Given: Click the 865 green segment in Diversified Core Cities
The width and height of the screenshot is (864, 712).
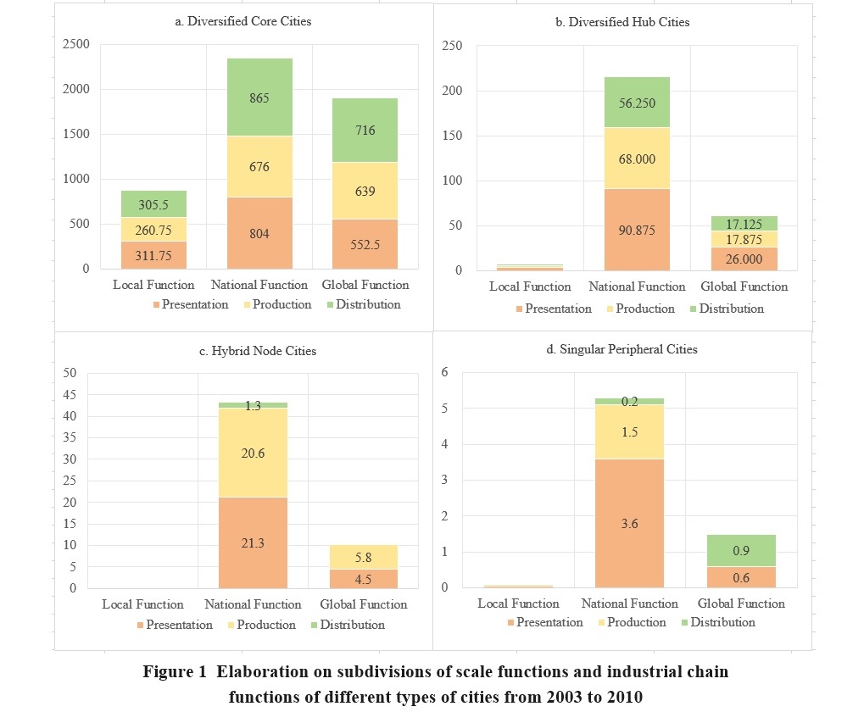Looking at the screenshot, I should (259, 97).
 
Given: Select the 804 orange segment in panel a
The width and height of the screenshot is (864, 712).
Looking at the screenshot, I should (259, 233).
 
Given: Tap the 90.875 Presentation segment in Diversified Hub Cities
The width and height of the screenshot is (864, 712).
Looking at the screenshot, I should (636, 229).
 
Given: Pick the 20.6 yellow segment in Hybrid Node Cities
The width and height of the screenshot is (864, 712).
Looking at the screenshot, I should (253, 453).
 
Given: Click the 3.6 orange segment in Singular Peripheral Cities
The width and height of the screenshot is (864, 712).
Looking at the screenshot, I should (629, 523).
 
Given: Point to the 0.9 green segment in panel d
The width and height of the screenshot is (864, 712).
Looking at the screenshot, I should (740, 551).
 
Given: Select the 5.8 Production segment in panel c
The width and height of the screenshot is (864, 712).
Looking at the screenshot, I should (363, 558).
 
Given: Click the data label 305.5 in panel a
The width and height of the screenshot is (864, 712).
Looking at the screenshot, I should (153, 203).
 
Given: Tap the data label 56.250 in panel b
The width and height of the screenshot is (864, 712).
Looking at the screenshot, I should (636, 103).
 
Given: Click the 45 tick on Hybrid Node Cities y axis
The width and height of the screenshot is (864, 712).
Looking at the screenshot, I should (70, 394).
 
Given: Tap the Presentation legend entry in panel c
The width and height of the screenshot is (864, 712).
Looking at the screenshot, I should (173, 625).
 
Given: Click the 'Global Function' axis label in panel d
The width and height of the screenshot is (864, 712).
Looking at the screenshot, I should (740, 604).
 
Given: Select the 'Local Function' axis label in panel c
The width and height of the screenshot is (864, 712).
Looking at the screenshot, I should (142, 604).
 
